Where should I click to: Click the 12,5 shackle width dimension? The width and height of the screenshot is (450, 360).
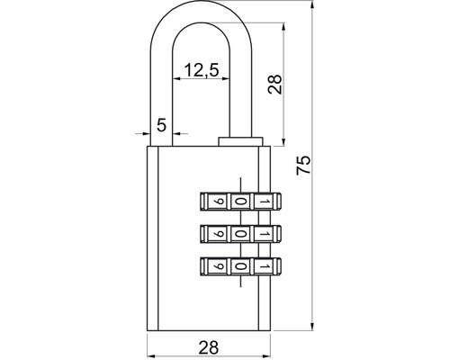click(x=202, y=70)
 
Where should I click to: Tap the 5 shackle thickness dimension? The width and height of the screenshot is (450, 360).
click(x=161, y=125)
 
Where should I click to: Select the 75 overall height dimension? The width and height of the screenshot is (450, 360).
click(x=303, y=165)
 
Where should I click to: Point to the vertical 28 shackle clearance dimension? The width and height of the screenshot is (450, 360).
click(x=274, y=85)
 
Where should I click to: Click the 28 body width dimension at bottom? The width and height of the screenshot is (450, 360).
click(x=209, y=347)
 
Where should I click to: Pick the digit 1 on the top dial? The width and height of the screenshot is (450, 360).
click(x=264, y=202)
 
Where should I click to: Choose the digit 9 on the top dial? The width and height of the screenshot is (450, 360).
click(x=219, y=202)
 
